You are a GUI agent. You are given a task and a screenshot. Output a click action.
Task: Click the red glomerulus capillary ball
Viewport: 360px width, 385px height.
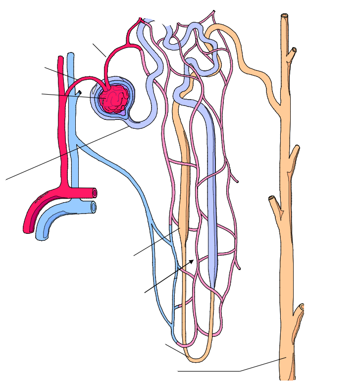pos(113,98)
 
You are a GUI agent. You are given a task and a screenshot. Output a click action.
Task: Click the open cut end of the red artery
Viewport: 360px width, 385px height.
pos(94,193)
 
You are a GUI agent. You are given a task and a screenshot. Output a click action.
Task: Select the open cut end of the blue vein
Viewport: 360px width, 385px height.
pos(93,206)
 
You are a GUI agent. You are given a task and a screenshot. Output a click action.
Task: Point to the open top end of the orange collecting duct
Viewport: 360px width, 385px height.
pos(285,16)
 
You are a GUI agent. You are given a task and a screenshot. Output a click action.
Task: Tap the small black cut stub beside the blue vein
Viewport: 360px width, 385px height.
pos(79,92)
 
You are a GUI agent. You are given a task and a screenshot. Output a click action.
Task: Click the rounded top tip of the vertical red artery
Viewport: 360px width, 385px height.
pos(60,58)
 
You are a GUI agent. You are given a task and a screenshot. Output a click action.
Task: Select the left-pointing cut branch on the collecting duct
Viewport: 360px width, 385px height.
pos(272,200)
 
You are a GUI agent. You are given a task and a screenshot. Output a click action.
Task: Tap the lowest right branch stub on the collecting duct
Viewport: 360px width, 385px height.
pos(300,311)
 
